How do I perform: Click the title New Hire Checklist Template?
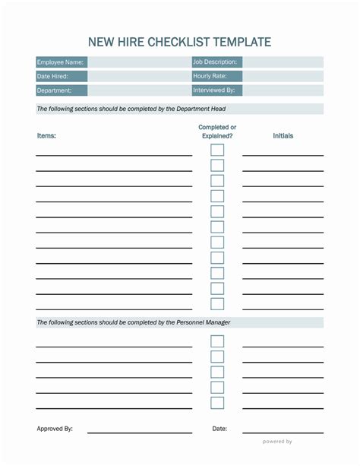click(179, 42)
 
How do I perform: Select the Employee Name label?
click(60, 62)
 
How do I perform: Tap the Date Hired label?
click(52, 77)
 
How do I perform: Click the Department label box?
click(54, 90)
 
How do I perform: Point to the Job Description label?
click(215, 62)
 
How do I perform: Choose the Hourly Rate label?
click(210, 77)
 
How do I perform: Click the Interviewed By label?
click(213, 90)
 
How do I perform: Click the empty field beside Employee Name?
click(139, 62)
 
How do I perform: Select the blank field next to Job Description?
click(283, 62)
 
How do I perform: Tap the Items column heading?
click(46, 136)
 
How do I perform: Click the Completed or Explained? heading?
click(217, 132)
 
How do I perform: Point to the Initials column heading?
click(283, 136)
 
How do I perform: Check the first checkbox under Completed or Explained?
click(217, 151)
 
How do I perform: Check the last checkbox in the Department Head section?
click(217, 304)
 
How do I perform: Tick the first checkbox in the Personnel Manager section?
click(217, 341)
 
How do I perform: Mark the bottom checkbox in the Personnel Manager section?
click(217, 403)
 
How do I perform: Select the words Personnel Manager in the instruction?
click(203, 323)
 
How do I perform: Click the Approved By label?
click(55, 429)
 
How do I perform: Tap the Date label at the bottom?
click(219, 429)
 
